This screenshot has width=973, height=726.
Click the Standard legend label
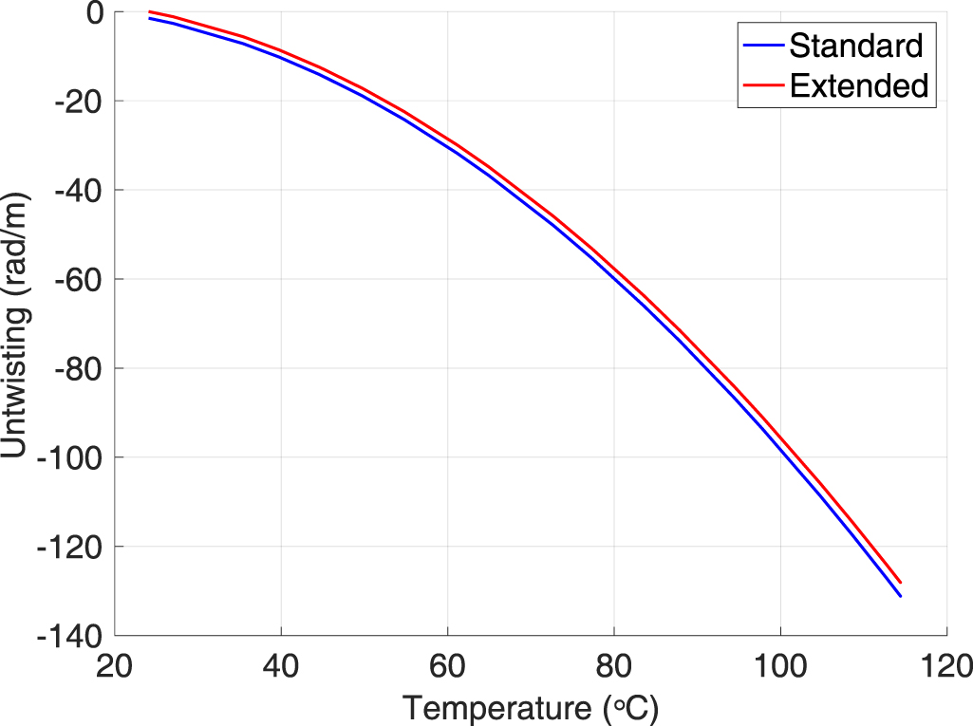(x=855, y=45)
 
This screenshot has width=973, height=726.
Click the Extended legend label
(x=858, y=85)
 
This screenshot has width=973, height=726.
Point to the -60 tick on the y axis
(x=79, y=279)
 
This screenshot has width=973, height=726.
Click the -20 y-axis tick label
(x=79, y=102)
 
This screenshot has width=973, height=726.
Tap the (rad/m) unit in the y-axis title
(x=17, y=246)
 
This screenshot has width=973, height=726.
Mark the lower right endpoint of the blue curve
(x=900, y=596)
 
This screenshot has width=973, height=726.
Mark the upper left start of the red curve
(x=150, y=11)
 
